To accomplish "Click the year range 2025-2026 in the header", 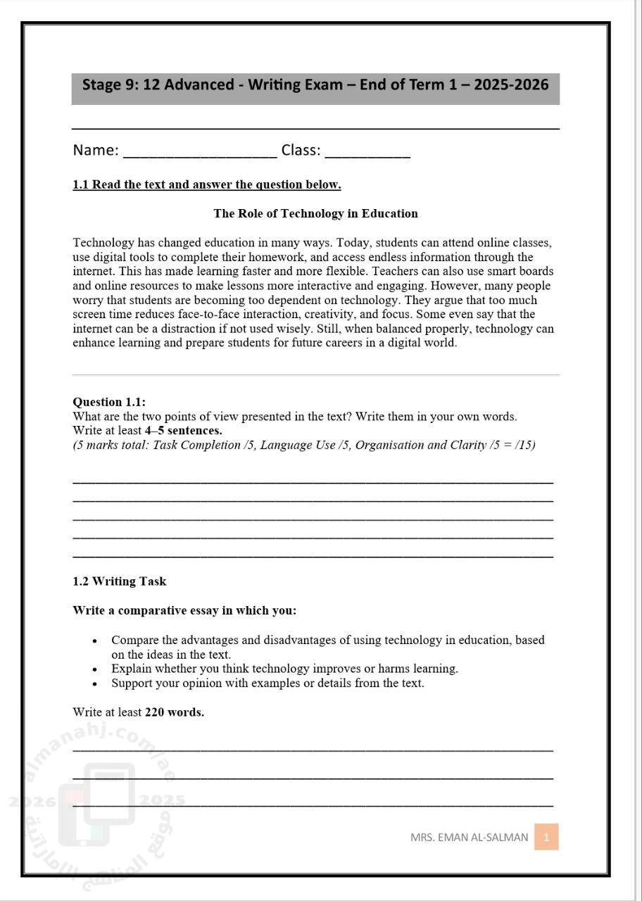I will (x=511, y=85).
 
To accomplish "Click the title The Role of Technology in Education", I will (x=315, y=213).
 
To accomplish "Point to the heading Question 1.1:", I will (x=109, y=402).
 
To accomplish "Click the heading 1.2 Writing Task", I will (x=120, y=581).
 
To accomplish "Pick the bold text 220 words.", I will (x=175, y=712).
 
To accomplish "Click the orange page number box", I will (x=546, y=837).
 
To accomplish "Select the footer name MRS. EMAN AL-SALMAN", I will (x=469, y=838).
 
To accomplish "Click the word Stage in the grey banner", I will (x=103, y=85).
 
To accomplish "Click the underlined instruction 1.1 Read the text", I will (x=207, y=185).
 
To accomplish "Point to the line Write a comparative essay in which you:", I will (x=184, y=610).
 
